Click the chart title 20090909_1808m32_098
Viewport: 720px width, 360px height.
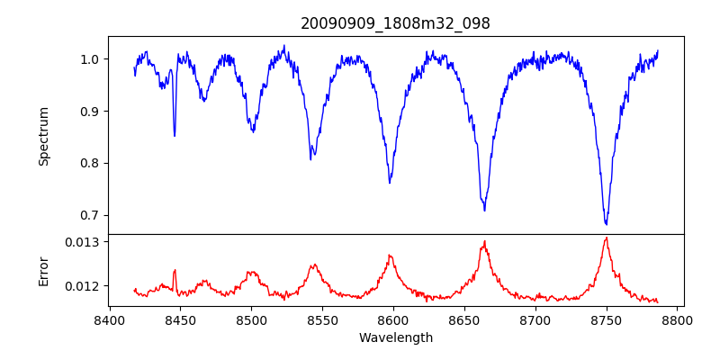pos(395,23)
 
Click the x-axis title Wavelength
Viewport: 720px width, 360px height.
pos(395,337)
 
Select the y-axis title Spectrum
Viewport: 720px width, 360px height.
pos(44,136)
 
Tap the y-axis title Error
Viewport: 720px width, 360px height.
pos(44,270)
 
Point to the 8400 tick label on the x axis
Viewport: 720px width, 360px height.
pos(109,320)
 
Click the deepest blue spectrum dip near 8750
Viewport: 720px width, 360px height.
pos(606,223)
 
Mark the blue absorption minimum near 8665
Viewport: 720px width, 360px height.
pos(484,210)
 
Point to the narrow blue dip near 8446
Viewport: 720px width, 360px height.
pos(175,135)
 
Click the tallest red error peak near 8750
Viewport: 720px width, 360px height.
pos(606,238)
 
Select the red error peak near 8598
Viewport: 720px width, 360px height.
pos(390,256)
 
